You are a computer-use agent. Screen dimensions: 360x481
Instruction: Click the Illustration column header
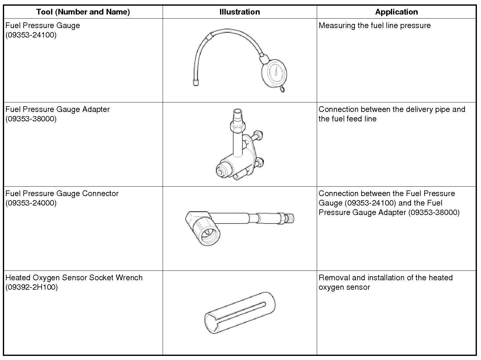click(240, 12)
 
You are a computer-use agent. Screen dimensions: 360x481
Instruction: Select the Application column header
click(396, 12)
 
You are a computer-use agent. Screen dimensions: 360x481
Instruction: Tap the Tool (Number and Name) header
click(83, 12)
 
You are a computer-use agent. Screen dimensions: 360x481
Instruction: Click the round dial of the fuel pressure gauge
click(274, 73)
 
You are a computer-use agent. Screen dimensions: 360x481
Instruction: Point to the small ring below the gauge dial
click(282, 90)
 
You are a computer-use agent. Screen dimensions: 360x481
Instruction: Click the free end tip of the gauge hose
click(195, 83)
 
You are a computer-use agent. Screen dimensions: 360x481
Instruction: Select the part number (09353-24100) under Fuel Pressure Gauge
click(31, 35)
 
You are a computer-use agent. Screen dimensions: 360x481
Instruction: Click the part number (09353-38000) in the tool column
click(31, 119)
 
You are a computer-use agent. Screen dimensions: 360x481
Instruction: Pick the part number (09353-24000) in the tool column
click(31, 203)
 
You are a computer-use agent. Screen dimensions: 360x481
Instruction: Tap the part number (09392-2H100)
click(32, 287)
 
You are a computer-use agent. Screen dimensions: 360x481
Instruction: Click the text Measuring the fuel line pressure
click(374, 26)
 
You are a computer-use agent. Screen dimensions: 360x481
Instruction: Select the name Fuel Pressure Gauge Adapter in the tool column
click(58, 109)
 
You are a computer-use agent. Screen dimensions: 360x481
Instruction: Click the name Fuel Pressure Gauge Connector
click(62, 194)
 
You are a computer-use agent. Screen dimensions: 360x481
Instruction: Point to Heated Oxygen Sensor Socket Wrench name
click(74, 278)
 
